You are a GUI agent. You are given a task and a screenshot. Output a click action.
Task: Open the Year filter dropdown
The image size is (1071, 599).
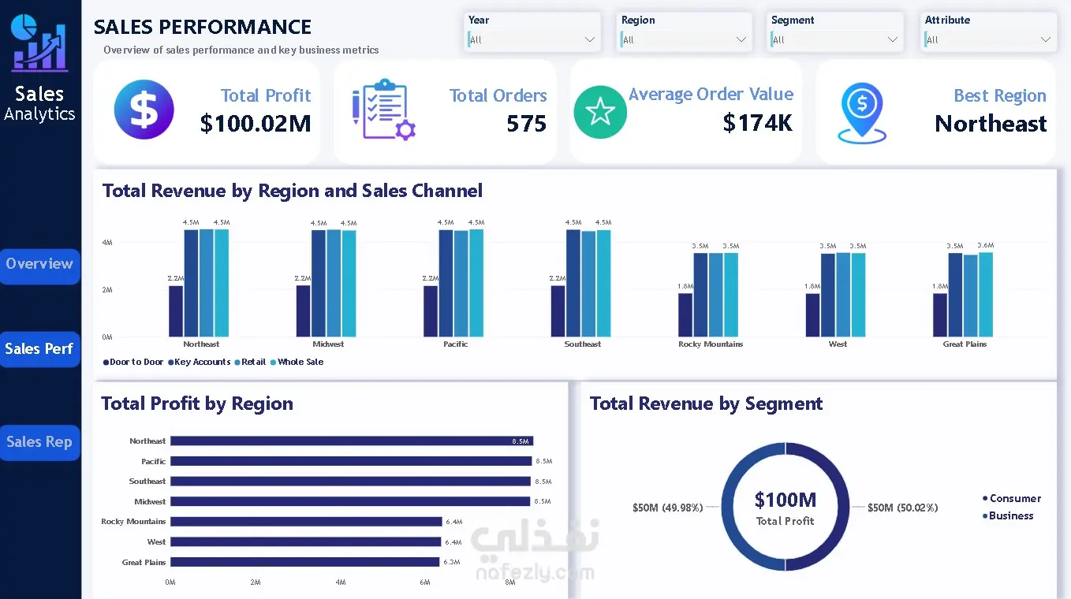pyautogui.click(x=532, y=39)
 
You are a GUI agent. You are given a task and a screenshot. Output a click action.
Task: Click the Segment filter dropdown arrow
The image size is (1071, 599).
pyautogui.click(x=892, y=39)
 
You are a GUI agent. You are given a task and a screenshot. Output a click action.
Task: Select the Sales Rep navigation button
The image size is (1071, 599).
pyautogui.click(x=39, y=442)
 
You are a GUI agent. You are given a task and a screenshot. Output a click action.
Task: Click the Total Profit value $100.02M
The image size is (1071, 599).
pyautogui.click(x=256, y=123)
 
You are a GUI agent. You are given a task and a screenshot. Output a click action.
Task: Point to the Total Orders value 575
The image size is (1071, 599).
pyautogui.click(x=526, y=124)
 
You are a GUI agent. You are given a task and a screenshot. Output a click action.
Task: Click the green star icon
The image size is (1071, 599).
pyautogui.click(x=600, y=112)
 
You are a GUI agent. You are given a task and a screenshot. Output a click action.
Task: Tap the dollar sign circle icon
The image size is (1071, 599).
pyautogui.click(x=144, y=110)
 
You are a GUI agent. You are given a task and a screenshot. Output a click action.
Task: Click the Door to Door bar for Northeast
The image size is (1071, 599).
pyautogui.click(x=176, y=311)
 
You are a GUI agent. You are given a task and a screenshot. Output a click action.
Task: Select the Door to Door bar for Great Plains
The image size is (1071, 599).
pyautogui.click(x=940, y=315)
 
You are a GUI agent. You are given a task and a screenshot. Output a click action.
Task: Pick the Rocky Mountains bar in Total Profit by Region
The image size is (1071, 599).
pyautogui.click(x=306, y=522)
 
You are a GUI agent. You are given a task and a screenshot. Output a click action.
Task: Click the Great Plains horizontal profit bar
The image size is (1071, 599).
pyautogui.click(x=305, y=562)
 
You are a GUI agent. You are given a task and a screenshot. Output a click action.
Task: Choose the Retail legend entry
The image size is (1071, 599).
pyautogui.click(x=251, y=362)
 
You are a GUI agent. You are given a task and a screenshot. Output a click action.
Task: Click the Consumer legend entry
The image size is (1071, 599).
pyautogui.click(x=1011, y=499)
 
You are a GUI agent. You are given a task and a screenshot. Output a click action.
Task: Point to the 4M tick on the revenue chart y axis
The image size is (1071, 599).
pyautogui.click(x=107, y=243)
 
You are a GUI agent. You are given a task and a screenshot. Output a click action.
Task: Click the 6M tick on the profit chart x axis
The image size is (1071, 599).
pyautogui.click(x=425, y=582)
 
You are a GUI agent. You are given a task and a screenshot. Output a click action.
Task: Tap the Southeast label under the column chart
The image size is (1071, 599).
pyautogui.click(x=582, y=344)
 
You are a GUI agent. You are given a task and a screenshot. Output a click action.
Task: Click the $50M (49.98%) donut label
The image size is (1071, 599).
pyautogui.click(x=667, y=508)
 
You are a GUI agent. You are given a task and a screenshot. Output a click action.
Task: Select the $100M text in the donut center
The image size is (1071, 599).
pyautogui.click(x=785, y=500)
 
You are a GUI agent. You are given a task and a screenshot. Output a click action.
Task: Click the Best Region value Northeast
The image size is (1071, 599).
pyautogui.click(x=991, y=124)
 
